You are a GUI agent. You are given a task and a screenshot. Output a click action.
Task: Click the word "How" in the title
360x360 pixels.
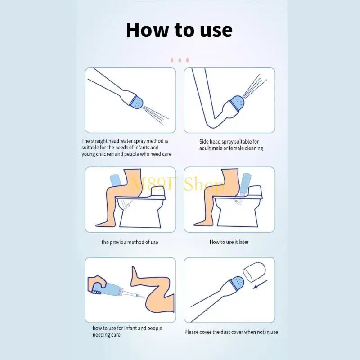tap(147, 30)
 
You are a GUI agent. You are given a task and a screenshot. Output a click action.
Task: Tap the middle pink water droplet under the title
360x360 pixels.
tap(180, 60)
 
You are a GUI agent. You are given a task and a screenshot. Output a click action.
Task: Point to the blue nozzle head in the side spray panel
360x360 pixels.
tap(237, 103)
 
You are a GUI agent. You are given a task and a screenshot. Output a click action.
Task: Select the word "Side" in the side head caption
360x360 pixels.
tap(204, 142)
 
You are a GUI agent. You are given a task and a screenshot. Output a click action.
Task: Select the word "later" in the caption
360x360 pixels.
tap(243, 242)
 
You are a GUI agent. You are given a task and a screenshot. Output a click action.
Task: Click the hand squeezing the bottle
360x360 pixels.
tap(98, 284)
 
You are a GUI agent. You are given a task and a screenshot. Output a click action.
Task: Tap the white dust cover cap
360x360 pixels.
tap(254, 272)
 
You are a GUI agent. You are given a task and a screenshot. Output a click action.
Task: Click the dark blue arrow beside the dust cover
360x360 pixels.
tap(260, 284)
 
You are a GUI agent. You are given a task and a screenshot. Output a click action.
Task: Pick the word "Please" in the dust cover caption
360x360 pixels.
tap(192, 332)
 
